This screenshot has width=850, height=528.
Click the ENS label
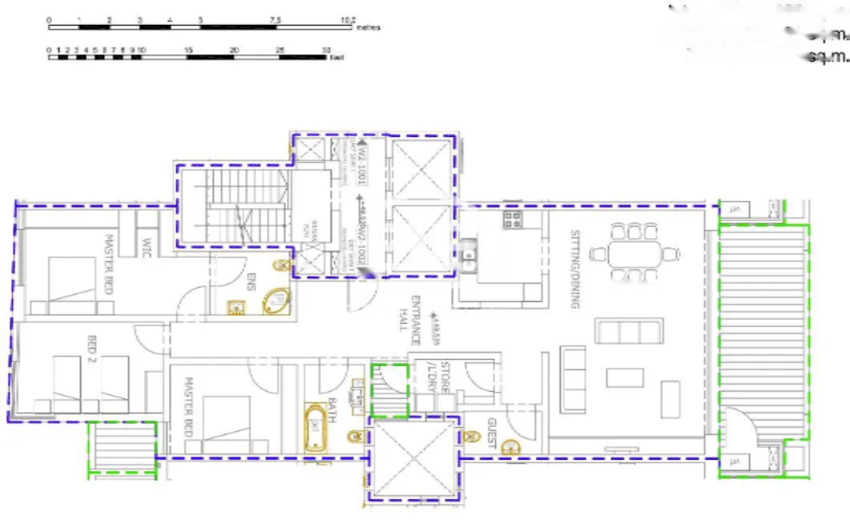tap(250, 281)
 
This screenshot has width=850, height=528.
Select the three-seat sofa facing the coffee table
tap(628, 330)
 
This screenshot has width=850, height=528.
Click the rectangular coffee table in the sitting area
tap(624, 377)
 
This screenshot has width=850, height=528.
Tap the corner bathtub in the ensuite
tap(277, 301)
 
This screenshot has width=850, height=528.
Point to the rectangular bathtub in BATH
tap(316, 428)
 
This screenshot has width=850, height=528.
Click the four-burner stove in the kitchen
tap(511, 219)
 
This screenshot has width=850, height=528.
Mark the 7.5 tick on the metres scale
tap(275, 19)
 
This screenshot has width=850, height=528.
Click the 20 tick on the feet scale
tap(233, 50)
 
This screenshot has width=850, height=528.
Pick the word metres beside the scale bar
tap(368, 28)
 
